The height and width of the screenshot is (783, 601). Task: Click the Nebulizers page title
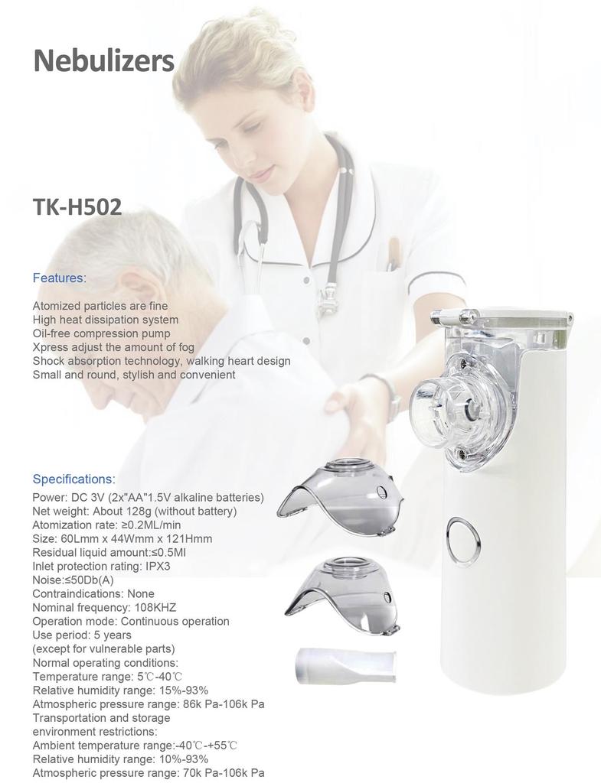[x=103, y=60]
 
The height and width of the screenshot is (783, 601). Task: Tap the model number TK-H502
[x=77, y=206]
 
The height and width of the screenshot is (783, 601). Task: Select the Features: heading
[x=59, y=278]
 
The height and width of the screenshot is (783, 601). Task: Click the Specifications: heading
[x=73, y=479]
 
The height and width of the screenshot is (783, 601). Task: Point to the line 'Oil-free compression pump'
[x=101, y=333]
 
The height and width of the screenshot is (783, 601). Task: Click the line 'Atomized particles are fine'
[x=100, y=306]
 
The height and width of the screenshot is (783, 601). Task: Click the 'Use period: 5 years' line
[x=82, y=635]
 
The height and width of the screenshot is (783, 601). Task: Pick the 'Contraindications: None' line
[x=93, y=594]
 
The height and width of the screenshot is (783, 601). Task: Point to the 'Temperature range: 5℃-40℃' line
[x=108, y=677]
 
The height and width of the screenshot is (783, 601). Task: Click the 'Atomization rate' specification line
[x=106, y=525]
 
